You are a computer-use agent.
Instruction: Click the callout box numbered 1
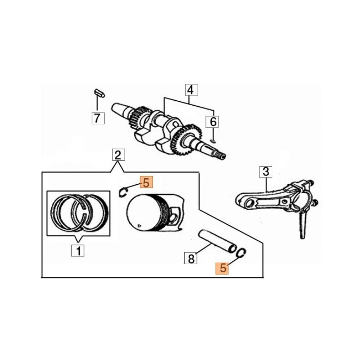(78, 250)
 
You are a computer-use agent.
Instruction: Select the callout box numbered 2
(118, 155)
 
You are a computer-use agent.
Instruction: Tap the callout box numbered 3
(266, 172)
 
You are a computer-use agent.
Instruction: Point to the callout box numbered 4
(191, 90)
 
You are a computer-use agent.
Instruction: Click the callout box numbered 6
(212, 122)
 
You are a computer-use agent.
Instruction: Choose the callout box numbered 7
(98, 118)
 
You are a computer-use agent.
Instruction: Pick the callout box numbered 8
(191, 258)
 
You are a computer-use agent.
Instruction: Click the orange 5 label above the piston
(146, 182)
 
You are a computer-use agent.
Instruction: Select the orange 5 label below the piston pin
(222, 268)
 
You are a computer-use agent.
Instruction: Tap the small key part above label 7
(99, 93)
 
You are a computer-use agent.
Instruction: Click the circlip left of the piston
(123, 192)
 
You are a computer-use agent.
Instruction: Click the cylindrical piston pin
(217, 241)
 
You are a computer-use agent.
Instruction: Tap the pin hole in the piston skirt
(175, 217)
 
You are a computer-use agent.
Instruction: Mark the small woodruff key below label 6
(212, 141)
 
